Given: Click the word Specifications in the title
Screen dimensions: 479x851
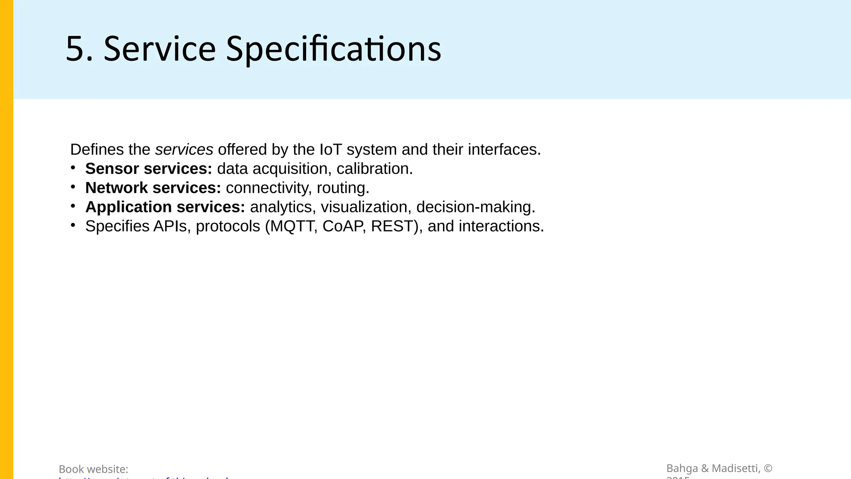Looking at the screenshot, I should pos(333,49).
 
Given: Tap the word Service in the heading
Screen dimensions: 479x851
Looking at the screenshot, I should pos(160,49).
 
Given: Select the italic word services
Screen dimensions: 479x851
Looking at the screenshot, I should pos(184,149).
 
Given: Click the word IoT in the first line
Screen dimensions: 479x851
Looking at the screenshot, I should pos(330,149).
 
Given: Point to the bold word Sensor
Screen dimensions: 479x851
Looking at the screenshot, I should pos(112,169).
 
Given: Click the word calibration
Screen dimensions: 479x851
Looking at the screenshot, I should pos(374,169).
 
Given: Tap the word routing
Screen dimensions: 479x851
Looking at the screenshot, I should pos(343,188).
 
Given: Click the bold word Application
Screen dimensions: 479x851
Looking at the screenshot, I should pos(128,207).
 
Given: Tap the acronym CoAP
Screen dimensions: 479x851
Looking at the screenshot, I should pos(344,226).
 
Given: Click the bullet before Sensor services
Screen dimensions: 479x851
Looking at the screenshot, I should pos(73,168).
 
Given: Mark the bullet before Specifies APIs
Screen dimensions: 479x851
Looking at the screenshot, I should pos(73,225).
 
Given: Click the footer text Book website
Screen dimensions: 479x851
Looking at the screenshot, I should pos(93,469).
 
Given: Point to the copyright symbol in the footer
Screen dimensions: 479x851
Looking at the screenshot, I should pos(768,469).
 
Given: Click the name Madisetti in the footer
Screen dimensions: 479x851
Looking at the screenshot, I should pos(736,469).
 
